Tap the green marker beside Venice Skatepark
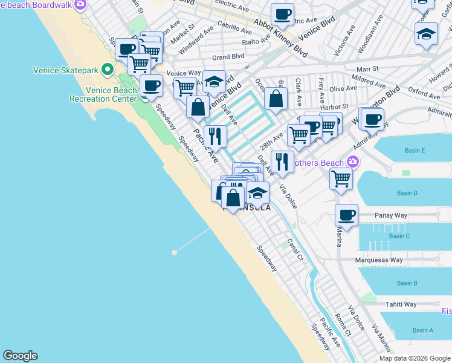[108, 70]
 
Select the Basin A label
[423, 330]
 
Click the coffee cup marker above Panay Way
[346, 215]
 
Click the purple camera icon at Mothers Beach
[352, 163]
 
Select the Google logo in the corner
[20, 356]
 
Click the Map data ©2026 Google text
[415, 358]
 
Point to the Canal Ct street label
[294, 250]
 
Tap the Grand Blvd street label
[228, 57]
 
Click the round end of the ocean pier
[175, 252]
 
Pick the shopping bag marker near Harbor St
[276, 99]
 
